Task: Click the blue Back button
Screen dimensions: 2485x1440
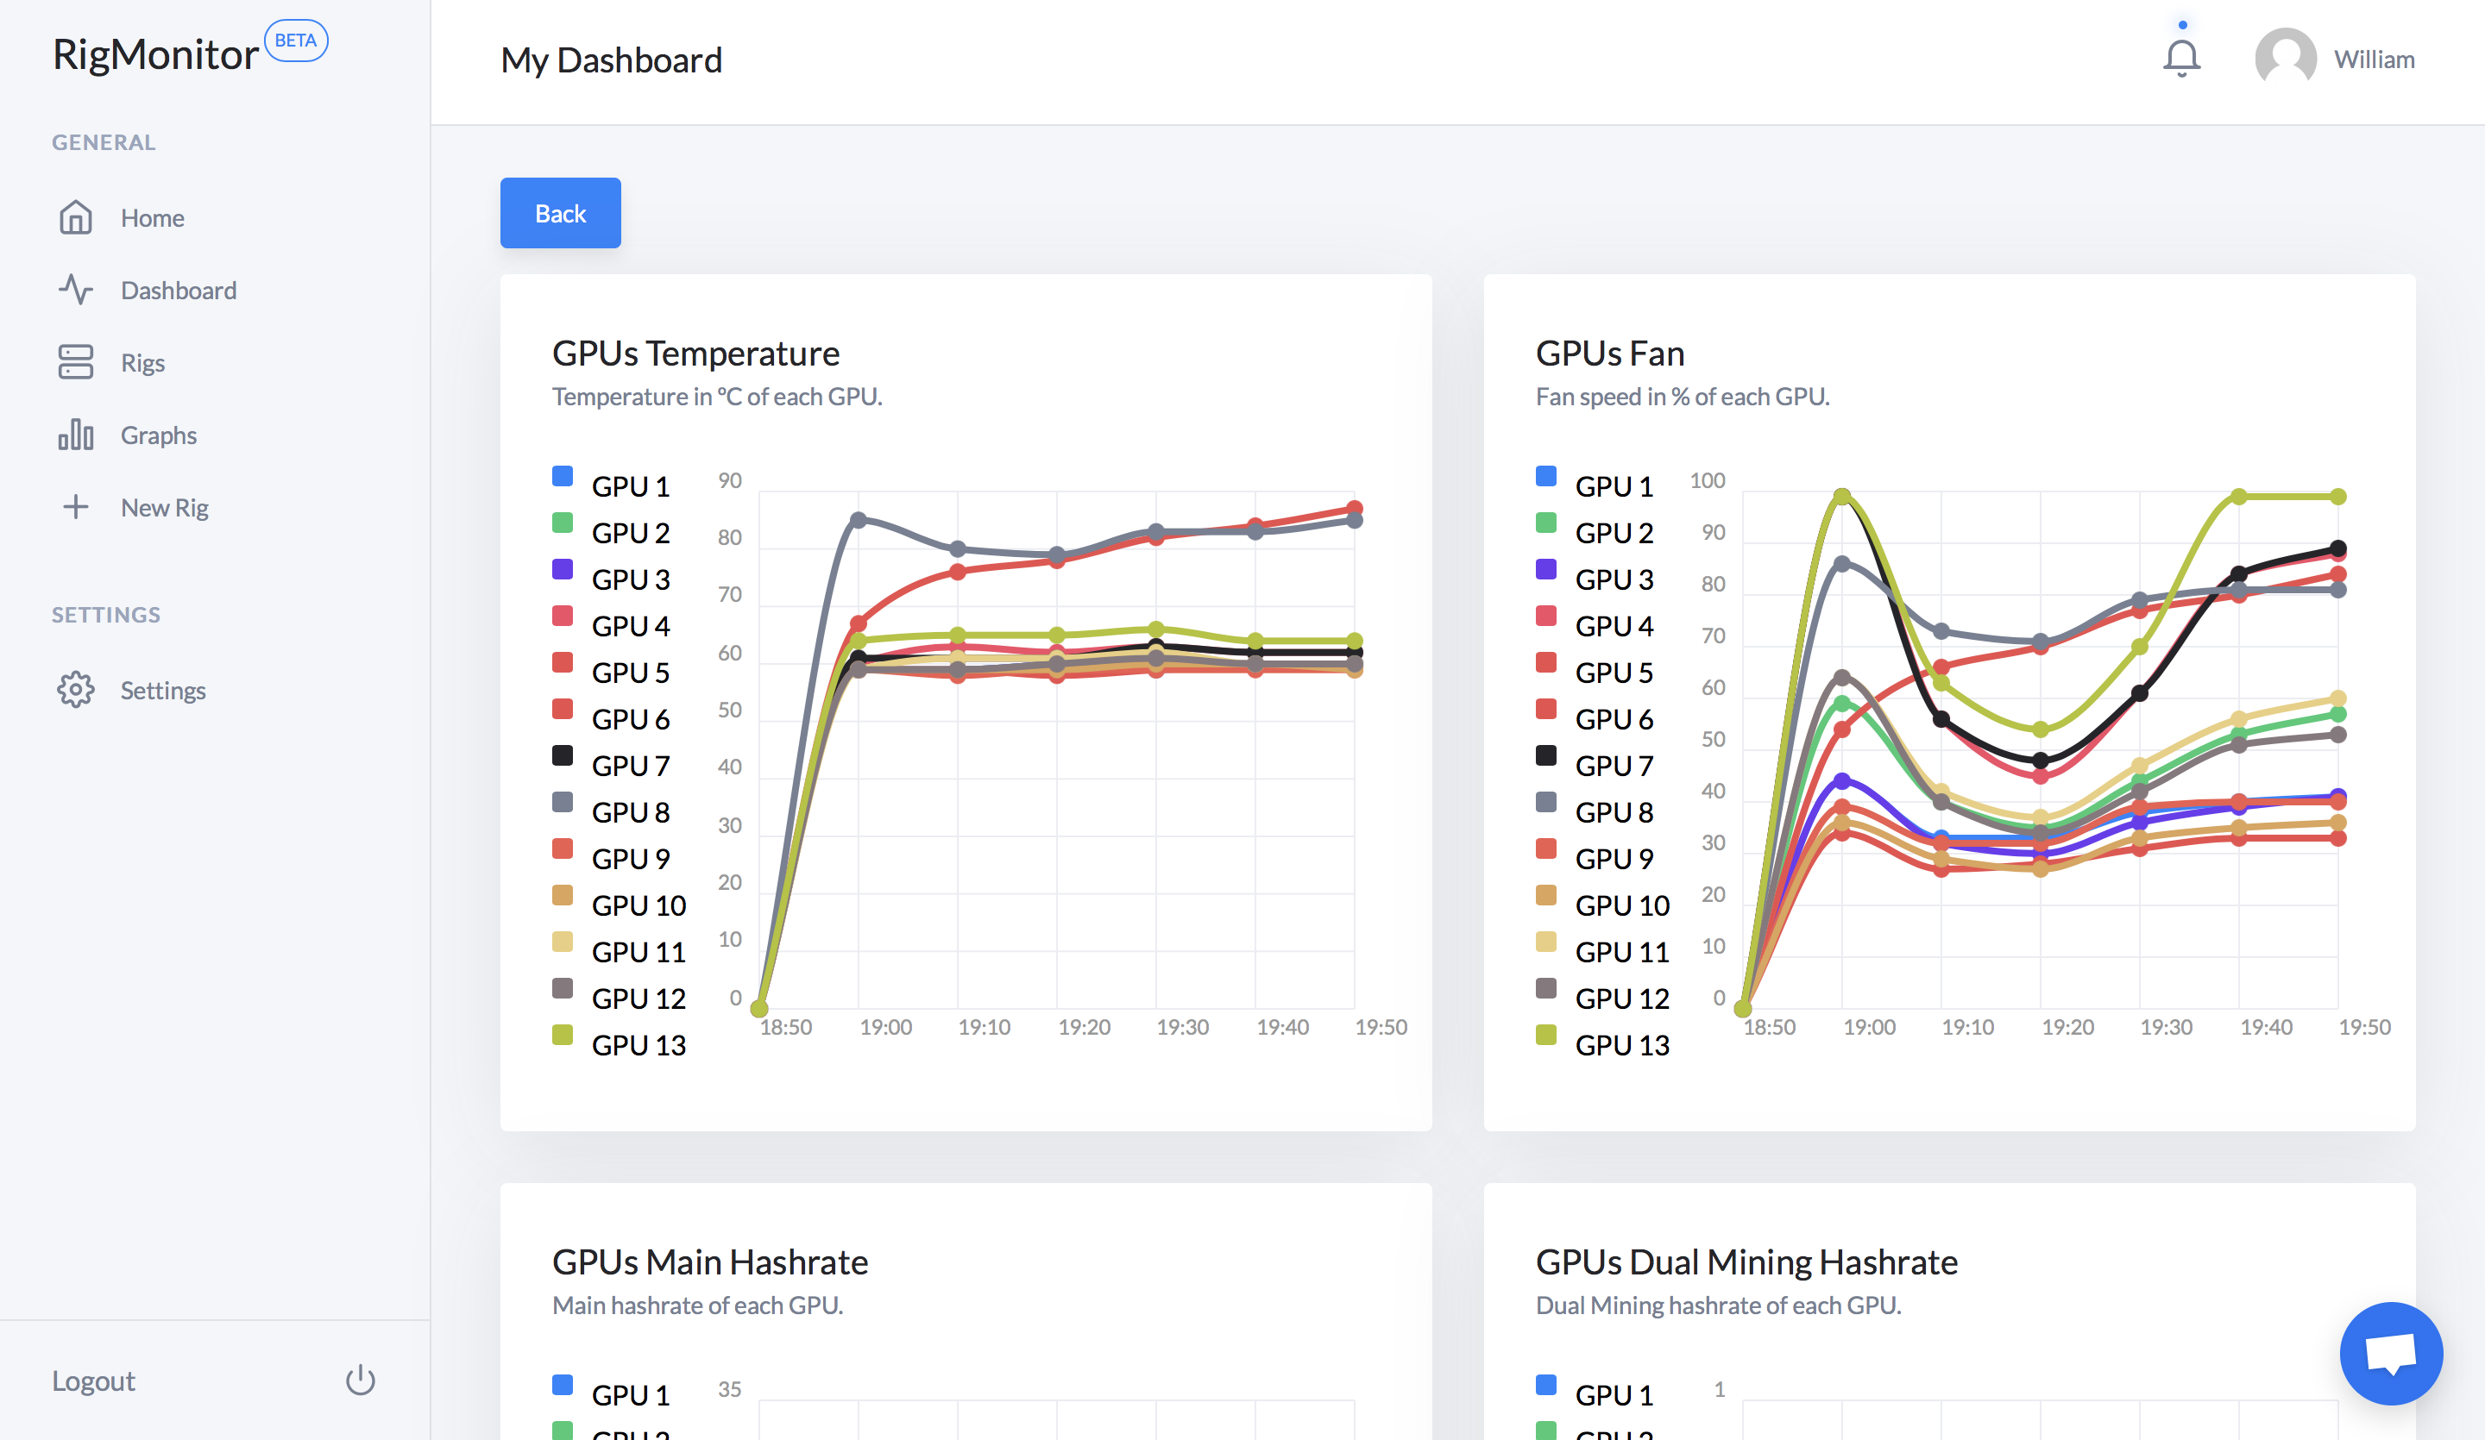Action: tap(560, 213)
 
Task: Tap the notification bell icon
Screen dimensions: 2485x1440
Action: tap(2181, 57)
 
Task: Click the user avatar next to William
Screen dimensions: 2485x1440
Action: tap(2285, 58)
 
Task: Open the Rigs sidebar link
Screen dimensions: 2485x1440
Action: tap(142, 362)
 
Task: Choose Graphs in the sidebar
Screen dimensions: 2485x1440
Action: tap(158, 435)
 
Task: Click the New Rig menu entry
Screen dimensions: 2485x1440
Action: tap(164, 507)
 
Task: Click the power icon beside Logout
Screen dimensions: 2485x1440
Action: tap(360, 1380)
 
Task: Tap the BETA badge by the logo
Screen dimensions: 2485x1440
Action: tap(296, 41)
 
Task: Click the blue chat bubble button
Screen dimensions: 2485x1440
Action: tap(2390, 1353)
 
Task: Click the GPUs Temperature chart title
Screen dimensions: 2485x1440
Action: tap(695, 353)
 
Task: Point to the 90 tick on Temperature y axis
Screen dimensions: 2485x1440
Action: tap(730, 480)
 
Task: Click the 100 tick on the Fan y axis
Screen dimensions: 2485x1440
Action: tap(1707, 480)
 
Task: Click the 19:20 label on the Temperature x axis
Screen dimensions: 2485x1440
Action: tap(1084, 1027)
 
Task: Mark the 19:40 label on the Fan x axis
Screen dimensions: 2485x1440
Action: tap(2266, 1027)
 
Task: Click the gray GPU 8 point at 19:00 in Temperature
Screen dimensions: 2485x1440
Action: tap(858, 519)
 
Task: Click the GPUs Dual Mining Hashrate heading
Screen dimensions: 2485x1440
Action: tap(1746, 1262)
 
